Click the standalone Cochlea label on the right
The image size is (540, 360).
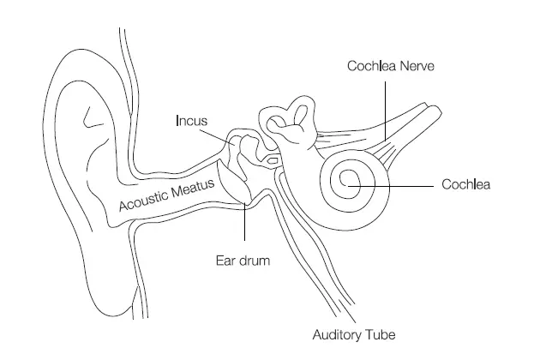(465, 184)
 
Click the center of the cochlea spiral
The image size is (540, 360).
(349, 181)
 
